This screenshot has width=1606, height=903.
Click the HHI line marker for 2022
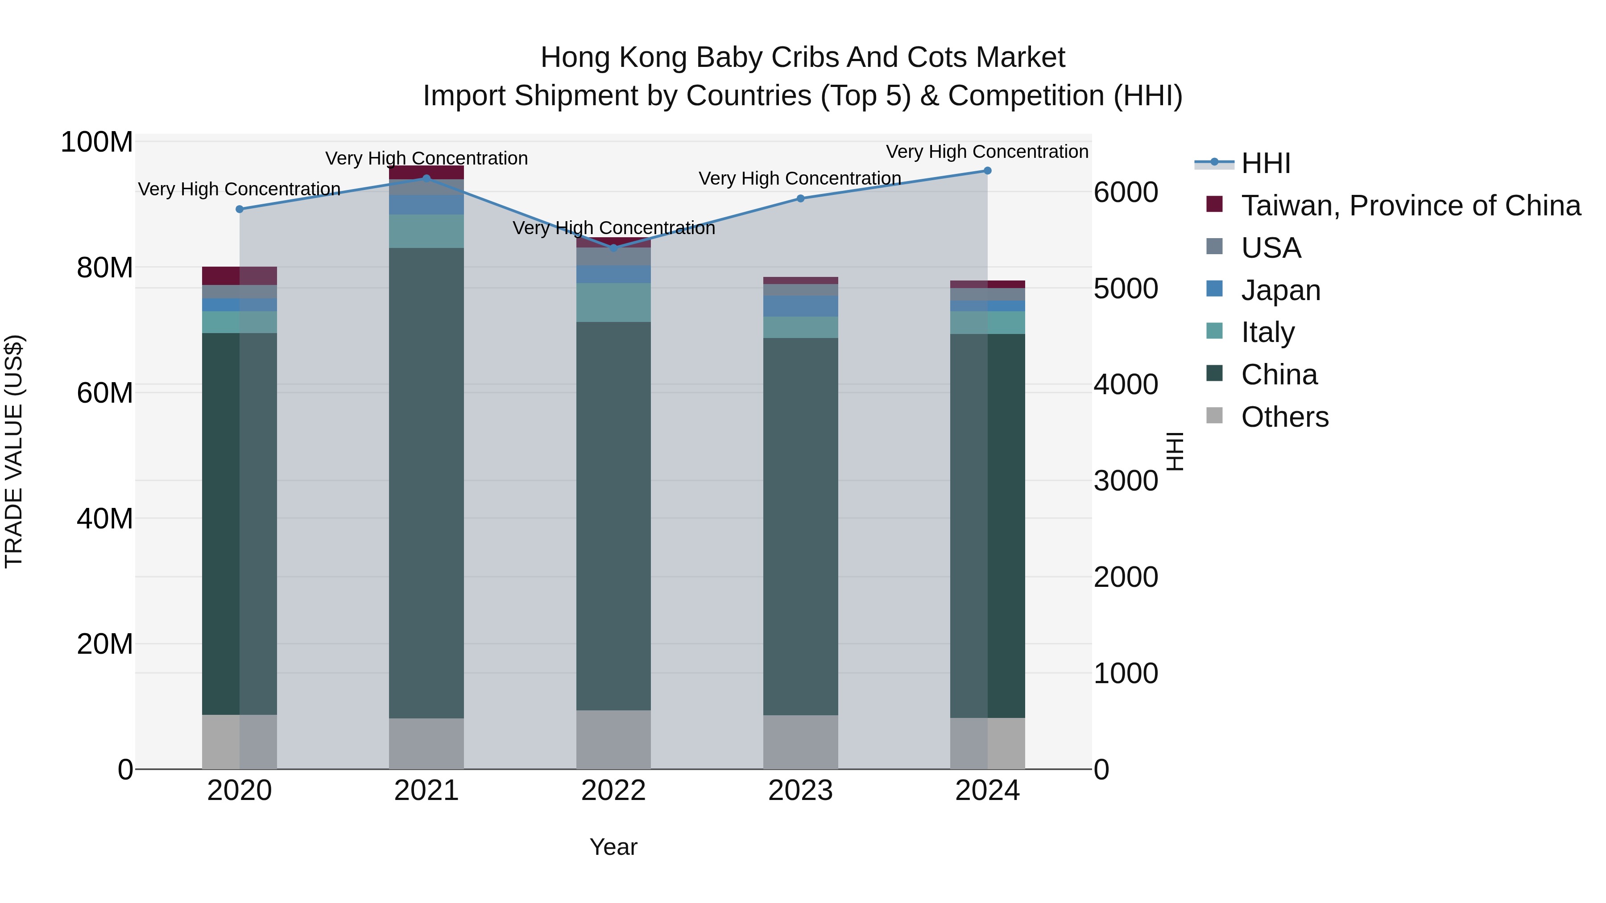point(613,248)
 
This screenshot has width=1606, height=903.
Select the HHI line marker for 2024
point(988,171)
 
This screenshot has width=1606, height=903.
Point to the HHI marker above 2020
point(240,210)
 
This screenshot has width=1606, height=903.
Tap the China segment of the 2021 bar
point(426,483)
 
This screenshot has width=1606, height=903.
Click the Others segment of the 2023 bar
point(800,742)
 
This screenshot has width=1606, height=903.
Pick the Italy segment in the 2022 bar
point(613,303)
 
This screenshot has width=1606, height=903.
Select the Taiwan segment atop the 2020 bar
point(240,276)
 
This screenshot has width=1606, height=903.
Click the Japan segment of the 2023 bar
point(800,306)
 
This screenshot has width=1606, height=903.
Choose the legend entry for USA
point(1271,248)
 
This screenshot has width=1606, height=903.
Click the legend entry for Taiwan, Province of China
point(1410,206)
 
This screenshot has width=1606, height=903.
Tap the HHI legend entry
point(1266,163)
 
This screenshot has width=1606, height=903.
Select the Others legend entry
point(1284,417)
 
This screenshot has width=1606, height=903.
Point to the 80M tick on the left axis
point(104,268)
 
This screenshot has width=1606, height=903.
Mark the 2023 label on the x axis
point(800,791)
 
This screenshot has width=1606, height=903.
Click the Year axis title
point(613,847)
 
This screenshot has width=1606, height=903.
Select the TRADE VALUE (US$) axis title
point(14,451)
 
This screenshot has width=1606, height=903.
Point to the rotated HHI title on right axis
point(1175,451)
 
